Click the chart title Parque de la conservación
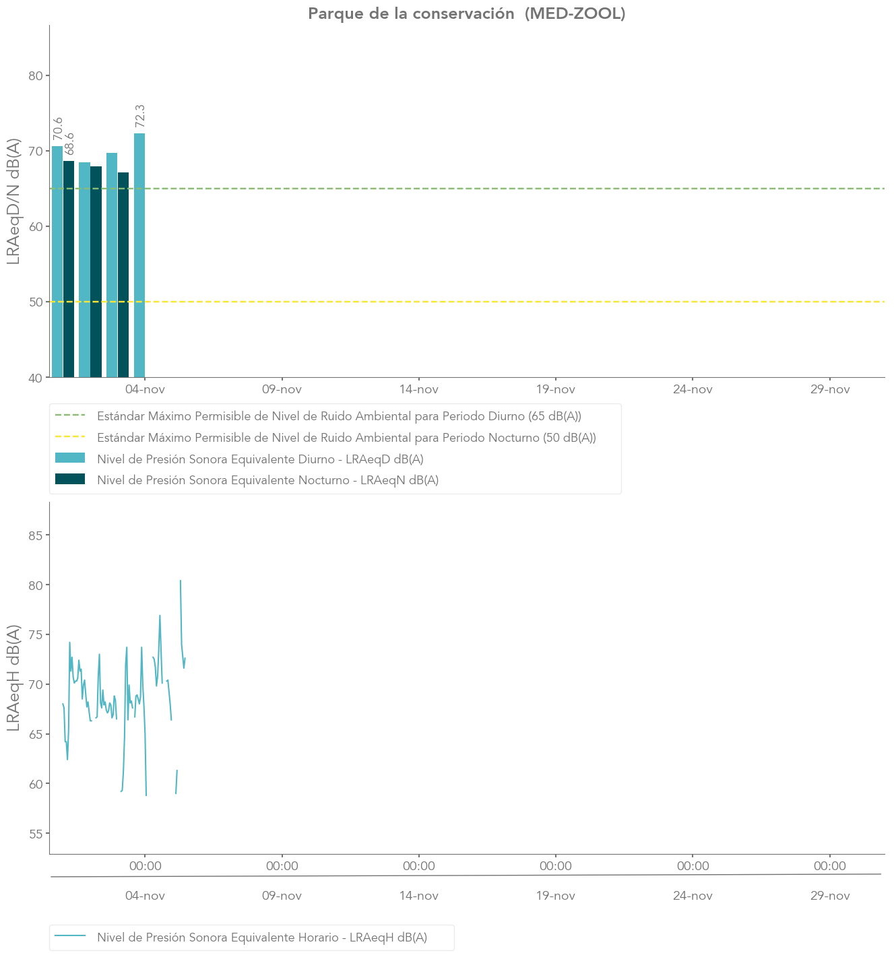click(466, 13)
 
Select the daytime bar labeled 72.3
click(139, 256)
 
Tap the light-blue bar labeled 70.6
click(57, 263)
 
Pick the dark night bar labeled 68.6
click(69, 269)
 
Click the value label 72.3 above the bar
click(140, 116)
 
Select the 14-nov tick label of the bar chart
click(419, 389)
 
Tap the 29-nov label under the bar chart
click(830, 389)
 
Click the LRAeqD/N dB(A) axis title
click(13, 202)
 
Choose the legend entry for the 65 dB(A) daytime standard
click(339, 416)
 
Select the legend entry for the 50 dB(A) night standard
click(346, 438)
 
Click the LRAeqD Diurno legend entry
click(260, 459)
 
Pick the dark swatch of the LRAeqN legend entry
click(70, 480)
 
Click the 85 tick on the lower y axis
click(35, 535)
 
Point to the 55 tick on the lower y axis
click(35, 834)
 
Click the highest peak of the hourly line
click(181, 581)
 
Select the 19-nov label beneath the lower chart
click(556, 896)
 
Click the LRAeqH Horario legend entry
click(262, 937)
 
